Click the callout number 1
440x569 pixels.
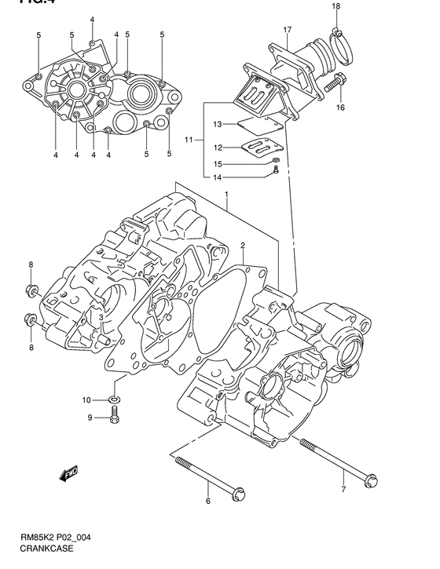pyautogui.click(x=225, y=194)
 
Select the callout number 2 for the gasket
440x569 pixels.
pyautogui.click(x=243, y=246)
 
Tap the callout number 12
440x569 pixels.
pyautogui.click(x=218, y=147)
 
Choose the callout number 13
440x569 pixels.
pyautogui.click(x=218, y=123)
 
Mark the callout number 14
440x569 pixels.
pyautogui.click(x=218, y=177)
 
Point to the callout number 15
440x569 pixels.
pyautogui.click(x=218, y=163)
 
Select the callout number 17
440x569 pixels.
pyautogui.click(x=288, y=30)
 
